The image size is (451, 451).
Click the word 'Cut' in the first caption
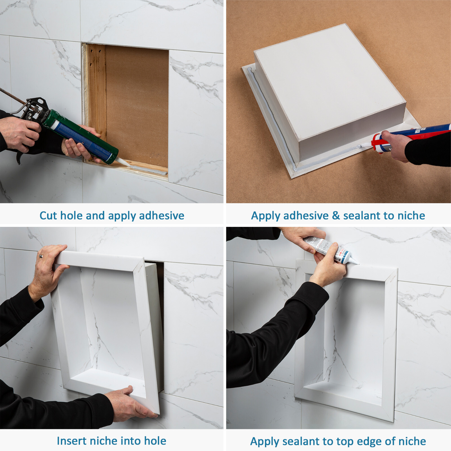(x=48, y=216)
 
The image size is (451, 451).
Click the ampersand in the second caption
(x=336, y=216)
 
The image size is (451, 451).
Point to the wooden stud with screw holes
(x=96, y=85)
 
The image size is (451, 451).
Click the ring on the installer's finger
(x=41, y=256)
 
